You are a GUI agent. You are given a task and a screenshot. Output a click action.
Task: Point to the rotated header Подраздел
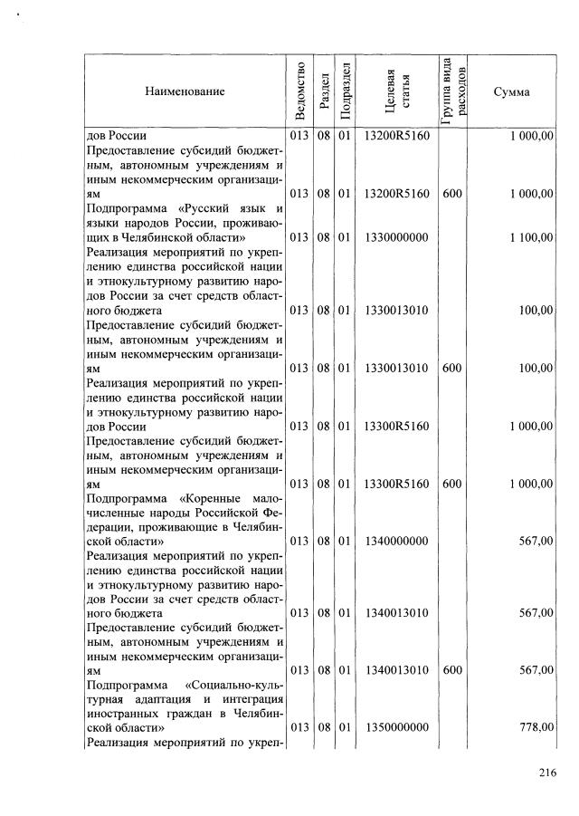tap(344, 91)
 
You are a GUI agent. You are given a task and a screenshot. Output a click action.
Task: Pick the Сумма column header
tap(511, 91)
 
